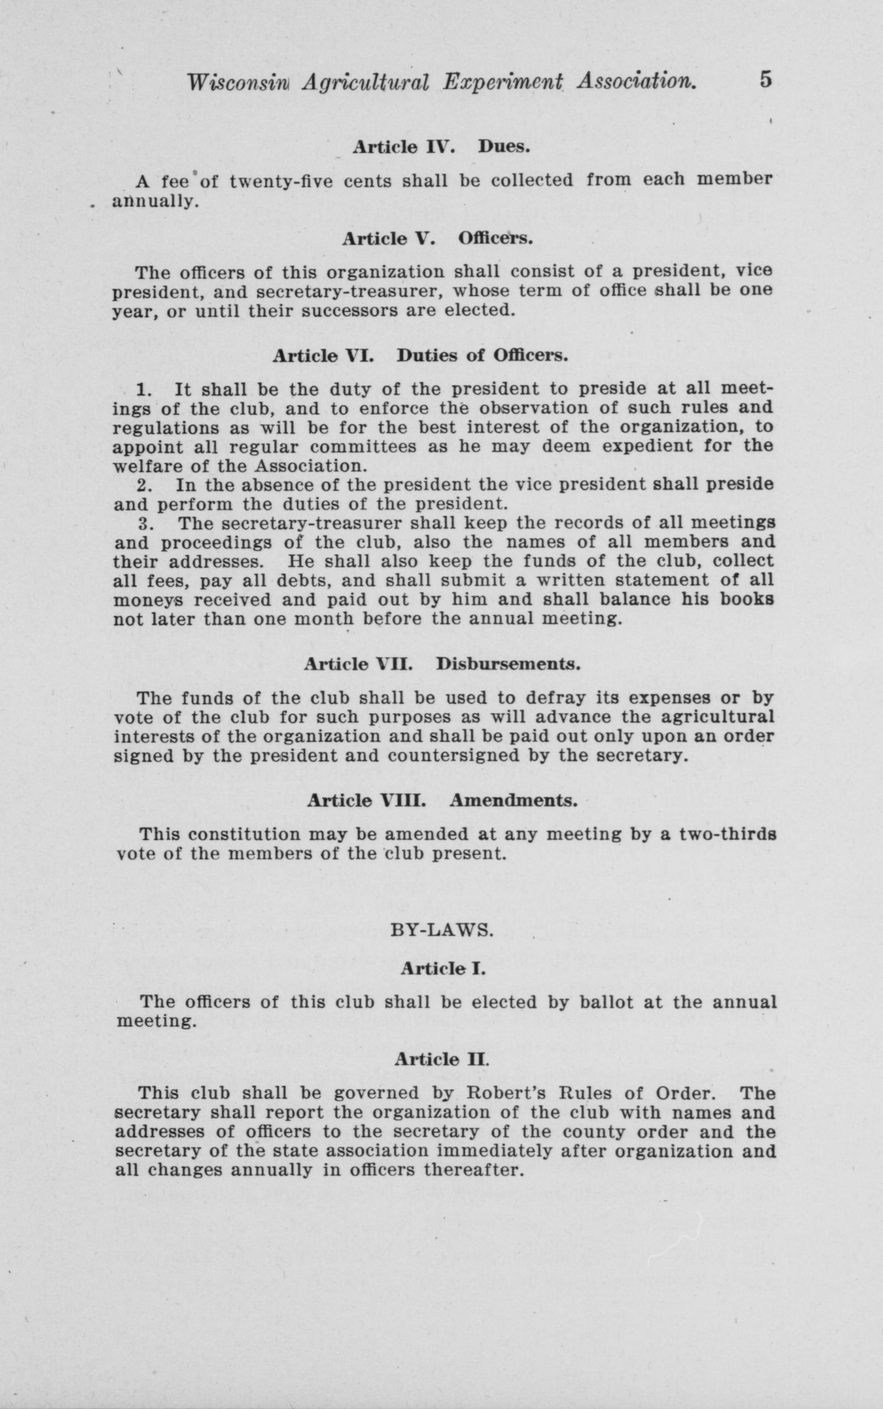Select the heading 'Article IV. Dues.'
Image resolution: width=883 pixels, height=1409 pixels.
(x=441, y=147)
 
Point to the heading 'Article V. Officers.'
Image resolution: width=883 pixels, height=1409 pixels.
(x=437, y=239)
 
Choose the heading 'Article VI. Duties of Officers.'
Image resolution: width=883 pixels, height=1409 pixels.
(x=421, y=356)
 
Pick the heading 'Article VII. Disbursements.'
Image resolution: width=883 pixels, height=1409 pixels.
(x=442, y=664)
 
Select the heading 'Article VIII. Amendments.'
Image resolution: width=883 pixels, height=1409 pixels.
(x=442, y=800)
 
